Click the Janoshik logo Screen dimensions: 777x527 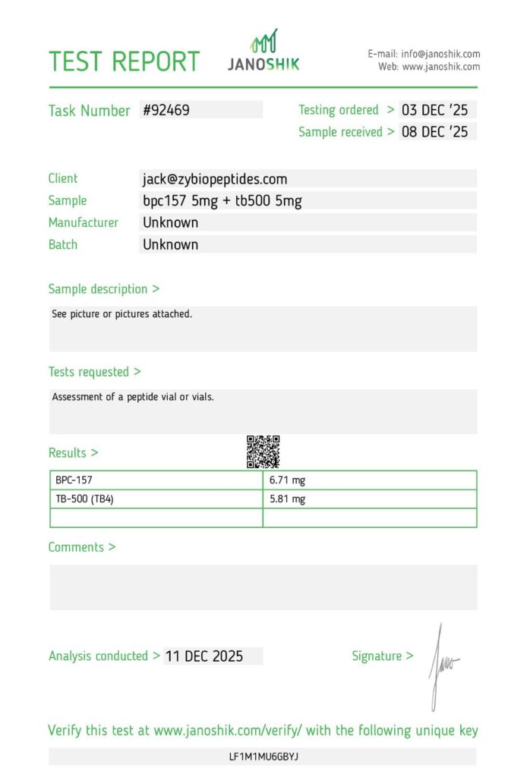pyautogui.click(x=263, y=52)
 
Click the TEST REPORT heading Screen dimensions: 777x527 pyautogui.click(x=124, y=61)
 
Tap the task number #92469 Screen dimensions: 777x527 pyautogui.click(x=166, y=110)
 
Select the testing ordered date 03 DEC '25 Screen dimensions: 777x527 pyautogui.click(x=434, y=110)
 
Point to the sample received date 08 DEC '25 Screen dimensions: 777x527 pyautogui.click(x=434, y=132)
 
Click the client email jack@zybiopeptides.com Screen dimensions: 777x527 pyautogui.click(x=215, y=179)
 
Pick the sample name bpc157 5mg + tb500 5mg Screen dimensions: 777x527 pyautogui.click(x=222, y=201)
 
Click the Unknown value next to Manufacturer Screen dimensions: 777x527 pyautogui.click(x=171, y=223)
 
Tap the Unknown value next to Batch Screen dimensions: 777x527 pyautogui.click(x=171, y=245)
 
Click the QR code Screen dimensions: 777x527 pyautogui.click(x=263, y=451)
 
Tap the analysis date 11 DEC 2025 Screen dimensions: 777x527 pyautogui.click(x=204, y=656)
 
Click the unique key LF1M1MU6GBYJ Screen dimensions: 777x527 pyautogui.click(x=263, y=757)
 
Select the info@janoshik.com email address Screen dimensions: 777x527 pyautogui.click(x=440, y=54)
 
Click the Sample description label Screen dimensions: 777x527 pyautogui.click(x=104, y=289)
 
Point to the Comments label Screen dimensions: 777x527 pyautogui.click(x=82, y=547)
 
